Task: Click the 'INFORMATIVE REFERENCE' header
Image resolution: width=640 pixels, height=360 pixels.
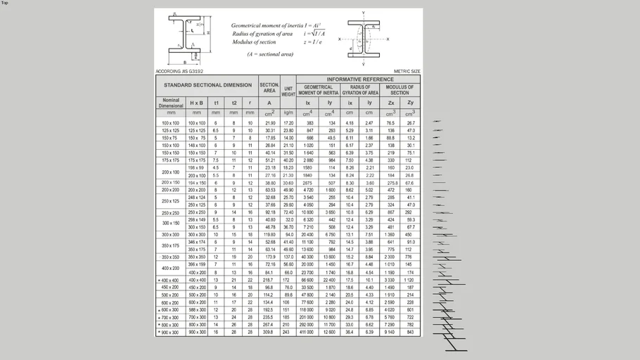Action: click(x=358, y=79)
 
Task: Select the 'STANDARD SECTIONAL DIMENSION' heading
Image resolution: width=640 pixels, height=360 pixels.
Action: click(x=207, y=85)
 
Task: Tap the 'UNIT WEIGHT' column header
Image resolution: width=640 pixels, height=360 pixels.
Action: click(x=288, y=90)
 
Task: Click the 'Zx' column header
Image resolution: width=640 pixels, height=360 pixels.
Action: click(x=391, y=103)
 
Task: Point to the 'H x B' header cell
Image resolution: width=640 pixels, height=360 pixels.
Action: click(x=197, y=103)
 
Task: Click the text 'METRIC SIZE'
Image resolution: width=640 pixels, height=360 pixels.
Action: click(x=407, y=71)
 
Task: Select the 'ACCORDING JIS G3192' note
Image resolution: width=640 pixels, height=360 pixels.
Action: click(x=179, y=71)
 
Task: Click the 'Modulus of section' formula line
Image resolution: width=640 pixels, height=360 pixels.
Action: click(x=255, y=42)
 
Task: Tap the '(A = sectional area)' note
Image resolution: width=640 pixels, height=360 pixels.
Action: click(x=270, y=54)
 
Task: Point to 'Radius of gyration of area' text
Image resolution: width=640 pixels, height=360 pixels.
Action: click(x=262, y=34)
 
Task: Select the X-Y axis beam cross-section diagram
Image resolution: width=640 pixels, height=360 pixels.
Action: click(x=363, y=39)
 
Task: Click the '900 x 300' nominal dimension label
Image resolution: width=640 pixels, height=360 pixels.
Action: click(x=171, y=332)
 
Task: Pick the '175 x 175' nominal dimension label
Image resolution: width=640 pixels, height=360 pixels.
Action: click(x=171, y=160)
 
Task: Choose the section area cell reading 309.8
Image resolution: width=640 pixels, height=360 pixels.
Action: click(x=269, y=332)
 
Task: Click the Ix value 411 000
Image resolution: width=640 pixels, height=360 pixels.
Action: click(x=307, y=332)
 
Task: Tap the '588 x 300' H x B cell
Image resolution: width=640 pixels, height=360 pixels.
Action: click(x=197, y=309)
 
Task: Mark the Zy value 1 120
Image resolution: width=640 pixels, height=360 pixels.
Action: click(x=410, y=280)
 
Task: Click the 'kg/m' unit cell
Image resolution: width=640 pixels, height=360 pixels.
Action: click(x=288, y=112)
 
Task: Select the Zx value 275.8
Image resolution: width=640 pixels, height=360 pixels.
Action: click(x=391, y=183)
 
